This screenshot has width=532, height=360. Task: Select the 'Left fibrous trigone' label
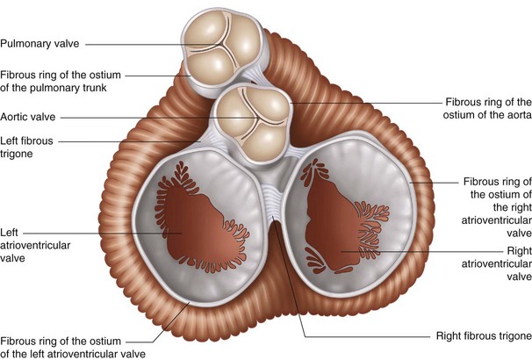tap(29, 147)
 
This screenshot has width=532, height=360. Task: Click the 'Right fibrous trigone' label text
tap(483, 336)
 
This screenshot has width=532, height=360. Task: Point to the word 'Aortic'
tap(16, 117)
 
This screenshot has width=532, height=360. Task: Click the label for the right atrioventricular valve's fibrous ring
tap(496, 207)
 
